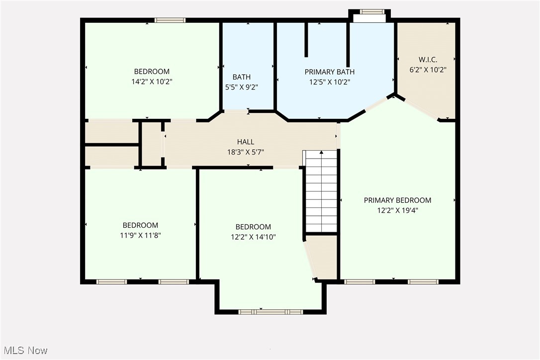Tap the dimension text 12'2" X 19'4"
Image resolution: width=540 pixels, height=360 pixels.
397,210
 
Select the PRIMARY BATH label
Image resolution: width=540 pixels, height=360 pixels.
329,72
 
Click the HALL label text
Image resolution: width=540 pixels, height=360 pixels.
246,142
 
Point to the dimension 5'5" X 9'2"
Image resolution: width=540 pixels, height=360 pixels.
241,87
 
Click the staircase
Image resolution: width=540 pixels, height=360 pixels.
321,191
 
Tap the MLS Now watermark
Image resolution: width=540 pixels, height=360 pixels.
24,351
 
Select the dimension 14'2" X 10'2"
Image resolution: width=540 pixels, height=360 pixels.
152,81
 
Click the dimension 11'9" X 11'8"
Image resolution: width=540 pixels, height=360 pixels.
140,235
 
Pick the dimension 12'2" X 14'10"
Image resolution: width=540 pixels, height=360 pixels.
253,237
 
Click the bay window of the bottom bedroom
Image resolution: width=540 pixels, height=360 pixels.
270,312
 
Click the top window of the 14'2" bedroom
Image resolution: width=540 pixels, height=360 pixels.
170,20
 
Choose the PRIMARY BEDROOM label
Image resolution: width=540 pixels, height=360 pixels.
397,200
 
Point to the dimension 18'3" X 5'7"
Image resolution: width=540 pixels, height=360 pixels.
246,152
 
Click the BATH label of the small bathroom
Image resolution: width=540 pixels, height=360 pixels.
241,77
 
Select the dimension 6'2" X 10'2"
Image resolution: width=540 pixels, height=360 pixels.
427,70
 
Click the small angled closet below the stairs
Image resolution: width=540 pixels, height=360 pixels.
322,258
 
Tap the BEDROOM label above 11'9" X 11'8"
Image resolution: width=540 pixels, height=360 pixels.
140,225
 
